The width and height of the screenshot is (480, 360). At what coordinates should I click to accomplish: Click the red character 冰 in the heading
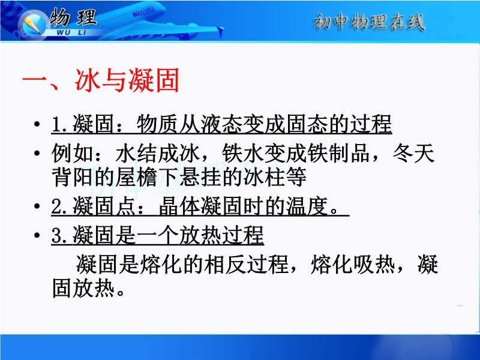[88, 80]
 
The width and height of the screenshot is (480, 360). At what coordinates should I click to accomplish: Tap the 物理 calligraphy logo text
[73, 17]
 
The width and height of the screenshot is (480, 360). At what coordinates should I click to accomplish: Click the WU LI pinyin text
[71, 32]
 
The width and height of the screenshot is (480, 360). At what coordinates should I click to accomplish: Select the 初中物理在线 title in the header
[369, 22]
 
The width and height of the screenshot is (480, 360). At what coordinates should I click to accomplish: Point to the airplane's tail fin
[220, 31]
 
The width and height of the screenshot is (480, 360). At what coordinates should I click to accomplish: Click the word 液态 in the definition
[222, 124]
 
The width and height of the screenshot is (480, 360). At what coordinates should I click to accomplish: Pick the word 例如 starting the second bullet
[73, 153]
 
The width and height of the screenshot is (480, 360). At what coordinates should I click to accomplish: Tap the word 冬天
[413, 153]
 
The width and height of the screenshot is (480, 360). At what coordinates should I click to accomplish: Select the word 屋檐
[136, 176]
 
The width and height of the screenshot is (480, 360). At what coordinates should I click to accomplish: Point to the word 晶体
[180, 206]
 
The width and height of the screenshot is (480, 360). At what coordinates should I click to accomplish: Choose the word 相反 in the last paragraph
[226, 264]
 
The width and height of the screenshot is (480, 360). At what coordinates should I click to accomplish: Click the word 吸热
[374, 264]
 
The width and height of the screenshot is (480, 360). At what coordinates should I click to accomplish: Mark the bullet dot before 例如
[37, 153]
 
